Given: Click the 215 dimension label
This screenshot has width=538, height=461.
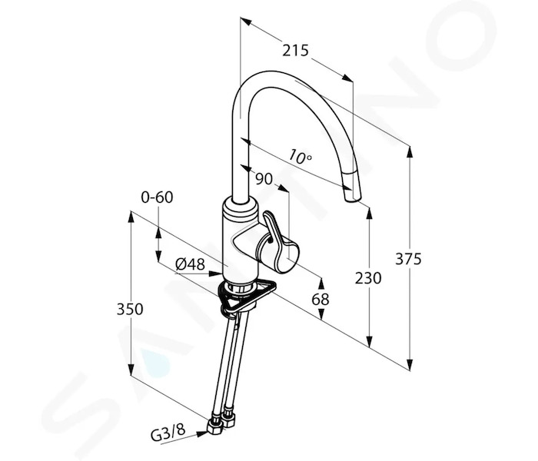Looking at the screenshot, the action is pyautogui.click(x=295, y=51).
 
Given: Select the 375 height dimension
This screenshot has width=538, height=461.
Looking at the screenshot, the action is pyautogui.click(x=408, y=259).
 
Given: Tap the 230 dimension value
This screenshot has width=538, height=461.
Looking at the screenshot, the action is pyautogui.click(x=368, y=278).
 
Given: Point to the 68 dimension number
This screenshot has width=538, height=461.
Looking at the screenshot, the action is pyautogui.click(x=320, y=299).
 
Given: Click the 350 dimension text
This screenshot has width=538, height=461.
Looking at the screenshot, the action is pyautogui.click(x=130, y=309).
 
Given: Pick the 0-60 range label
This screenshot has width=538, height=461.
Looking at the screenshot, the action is pyautogui.click(x=157, y=197).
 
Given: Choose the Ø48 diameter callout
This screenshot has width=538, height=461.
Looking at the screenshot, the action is pyautogui.click(x=190, y=264).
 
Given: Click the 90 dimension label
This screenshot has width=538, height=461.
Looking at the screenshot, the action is pyautogui.click(x=264, y=179).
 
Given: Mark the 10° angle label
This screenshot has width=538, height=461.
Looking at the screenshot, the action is pyautogui.click(x=301, y=157).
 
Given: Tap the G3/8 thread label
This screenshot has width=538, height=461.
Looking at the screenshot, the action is pyautogui.click(x=168, y=432).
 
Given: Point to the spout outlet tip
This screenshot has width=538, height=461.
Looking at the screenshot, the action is pyautogui.click(x=352, y=198).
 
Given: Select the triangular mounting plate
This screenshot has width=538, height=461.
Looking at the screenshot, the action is pyautogui.click(x=247, y=297).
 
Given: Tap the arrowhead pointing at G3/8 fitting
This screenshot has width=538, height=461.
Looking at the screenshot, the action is pyautogui.click(x=202, y=434).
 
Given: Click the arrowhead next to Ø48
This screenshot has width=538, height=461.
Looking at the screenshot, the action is pyautogui.click(x=216, y=274).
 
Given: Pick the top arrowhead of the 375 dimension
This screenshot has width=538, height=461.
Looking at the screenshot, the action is pyautogui.click(x=410, y=151).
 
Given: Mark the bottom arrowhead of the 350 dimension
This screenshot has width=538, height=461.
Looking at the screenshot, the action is pyautogui.click(x=131, y=370).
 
